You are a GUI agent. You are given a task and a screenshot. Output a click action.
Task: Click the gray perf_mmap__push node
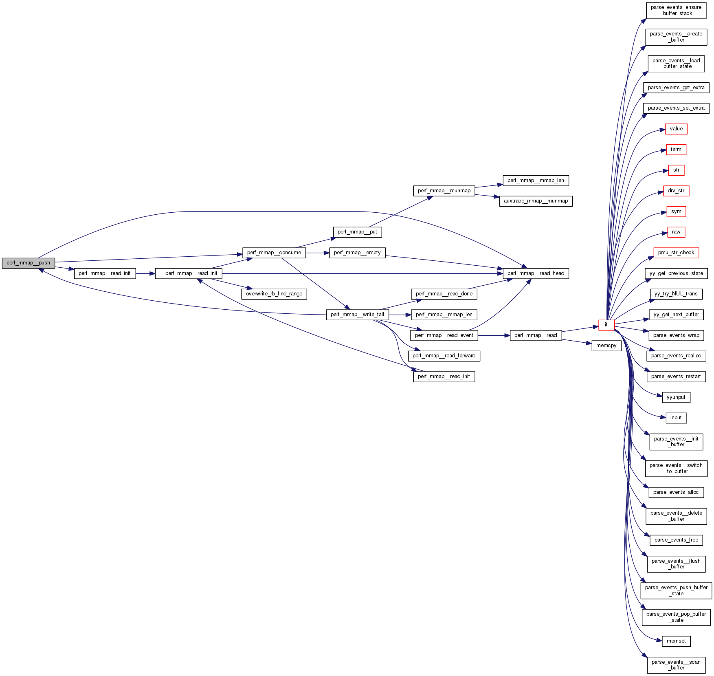[x=28, y=263]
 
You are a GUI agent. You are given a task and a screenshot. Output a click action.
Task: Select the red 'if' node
[x=606, y=325]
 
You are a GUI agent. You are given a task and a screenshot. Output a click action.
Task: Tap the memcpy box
[x=606, y=346]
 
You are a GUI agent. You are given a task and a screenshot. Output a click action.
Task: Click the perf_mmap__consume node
[x=274, y=253]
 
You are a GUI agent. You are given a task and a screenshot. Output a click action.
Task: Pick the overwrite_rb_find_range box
[x=274, y=294]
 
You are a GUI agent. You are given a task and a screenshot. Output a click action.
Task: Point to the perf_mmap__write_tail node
[x=357, y=315]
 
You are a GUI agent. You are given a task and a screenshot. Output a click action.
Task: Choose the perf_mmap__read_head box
[x=536, y=273]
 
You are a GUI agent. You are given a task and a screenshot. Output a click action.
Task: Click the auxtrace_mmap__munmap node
[x=536, y=201]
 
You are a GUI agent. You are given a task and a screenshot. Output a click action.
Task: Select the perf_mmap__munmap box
[x=444, y=191]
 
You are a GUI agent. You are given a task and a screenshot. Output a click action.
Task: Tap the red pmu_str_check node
[x=676, y=253]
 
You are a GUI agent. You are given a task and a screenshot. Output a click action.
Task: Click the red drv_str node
[x=676, y=191]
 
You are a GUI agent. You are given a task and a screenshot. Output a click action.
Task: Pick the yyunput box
[x=676, y=397]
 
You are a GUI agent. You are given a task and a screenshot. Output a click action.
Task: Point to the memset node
[x=676, y=641]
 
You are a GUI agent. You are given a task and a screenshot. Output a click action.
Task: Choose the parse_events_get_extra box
[x=676, y=88]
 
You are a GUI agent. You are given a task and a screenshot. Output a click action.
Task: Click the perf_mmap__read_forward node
[x=444, y=356]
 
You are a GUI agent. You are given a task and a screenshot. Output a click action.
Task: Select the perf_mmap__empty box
[x=357, y=253]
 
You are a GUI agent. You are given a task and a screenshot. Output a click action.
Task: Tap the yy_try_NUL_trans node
[x=676, y=294]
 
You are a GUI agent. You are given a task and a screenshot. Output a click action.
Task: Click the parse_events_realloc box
[x=676, y=356]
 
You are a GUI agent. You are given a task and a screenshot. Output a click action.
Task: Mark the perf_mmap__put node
[x=357, y=232]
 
